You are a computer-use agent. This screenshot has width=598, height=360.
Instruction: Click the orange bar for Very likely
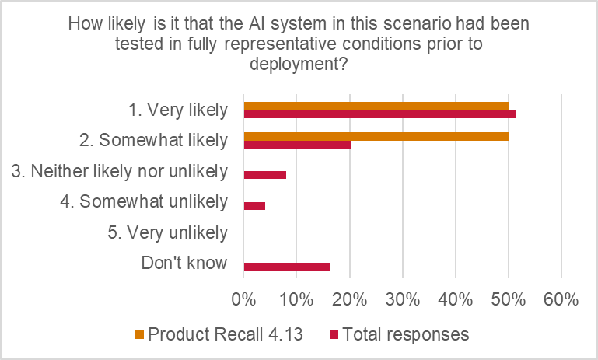point(376,106)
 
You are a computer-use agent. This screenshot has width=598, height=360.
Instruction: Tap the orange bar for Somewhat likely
point(376,136)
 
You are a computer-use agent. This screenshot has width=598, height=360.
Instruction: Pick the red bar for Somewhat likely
point(297,145)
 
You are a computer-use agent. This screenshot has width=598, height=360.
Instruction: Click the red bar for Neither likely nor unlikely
point(265,174)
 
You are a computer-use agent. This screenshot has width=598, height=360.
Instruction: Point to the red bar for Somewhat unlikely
point(254,205)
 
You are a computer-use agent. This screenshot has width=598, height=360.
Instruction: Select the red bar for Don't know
point(286,267)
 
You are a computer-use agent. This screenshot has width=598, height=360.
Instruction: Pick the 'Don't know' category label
point(184,263)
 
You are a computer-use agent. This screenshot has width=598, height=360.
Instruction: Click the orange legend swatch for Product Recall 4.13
point(140,335)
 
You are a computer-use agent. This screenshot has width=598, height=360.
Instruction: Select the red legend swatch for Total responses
point(334,335)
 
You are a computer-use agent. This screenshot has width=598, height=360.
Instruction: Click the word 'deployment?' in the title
point(299,65)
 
